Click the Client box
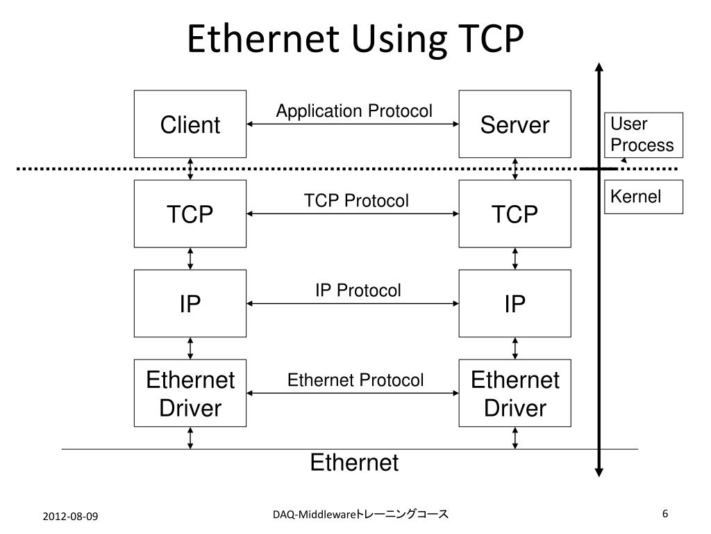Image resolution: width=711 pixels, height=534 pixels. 190,124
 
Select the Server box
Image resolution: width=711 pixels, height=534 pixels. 515,124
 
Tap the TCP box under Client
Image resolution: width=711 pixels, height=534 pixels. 190,214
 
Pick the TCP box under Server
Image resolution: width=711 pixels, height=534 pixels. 515,214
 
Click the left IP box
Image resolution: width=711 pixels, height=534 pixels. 190,304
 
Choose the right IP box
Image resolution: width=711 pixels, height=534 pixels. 515,304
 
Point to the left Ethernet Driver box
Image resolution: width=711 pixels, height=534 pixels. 190,394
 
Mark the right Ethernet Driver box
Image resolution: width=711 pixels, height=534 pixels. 515,394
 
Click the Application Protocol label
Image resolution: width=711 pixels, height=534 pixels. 354,111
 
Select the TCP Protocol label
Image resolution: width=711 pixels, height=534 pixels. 356,201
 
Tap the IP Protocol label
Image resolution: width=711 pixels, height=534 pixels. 358,291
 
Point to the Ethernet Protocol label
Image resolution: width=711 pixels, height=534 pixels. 355,380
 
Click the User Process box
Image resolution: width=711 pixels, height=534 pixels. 643,135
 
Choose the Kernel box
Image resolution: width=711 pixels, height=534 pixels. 643,197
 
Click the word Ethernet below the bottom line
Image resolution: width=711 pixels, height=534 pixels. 354,462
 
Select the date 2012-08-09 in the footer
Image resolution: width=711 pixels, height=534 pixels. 70,516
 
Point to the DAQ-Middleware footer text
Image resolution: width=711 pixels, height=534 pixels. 360,515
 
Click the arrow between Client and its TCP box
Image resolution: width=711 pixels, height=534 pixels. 190,169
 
